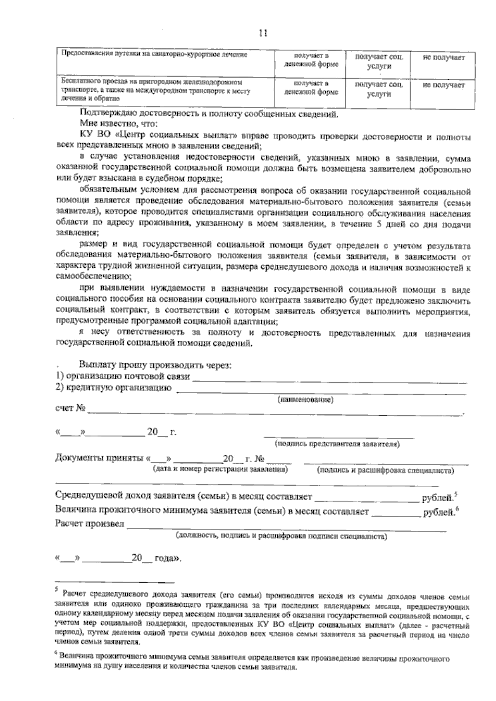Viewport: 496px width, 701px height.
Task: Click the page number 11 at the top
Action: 263,33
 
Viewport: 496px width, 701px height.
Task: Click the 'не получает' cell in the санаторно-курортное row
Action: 444,58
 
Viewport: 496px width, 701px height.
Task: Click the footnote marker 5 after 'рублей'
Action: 455,494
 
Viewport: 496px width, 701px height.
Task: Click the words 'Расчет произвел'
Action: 89,524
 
